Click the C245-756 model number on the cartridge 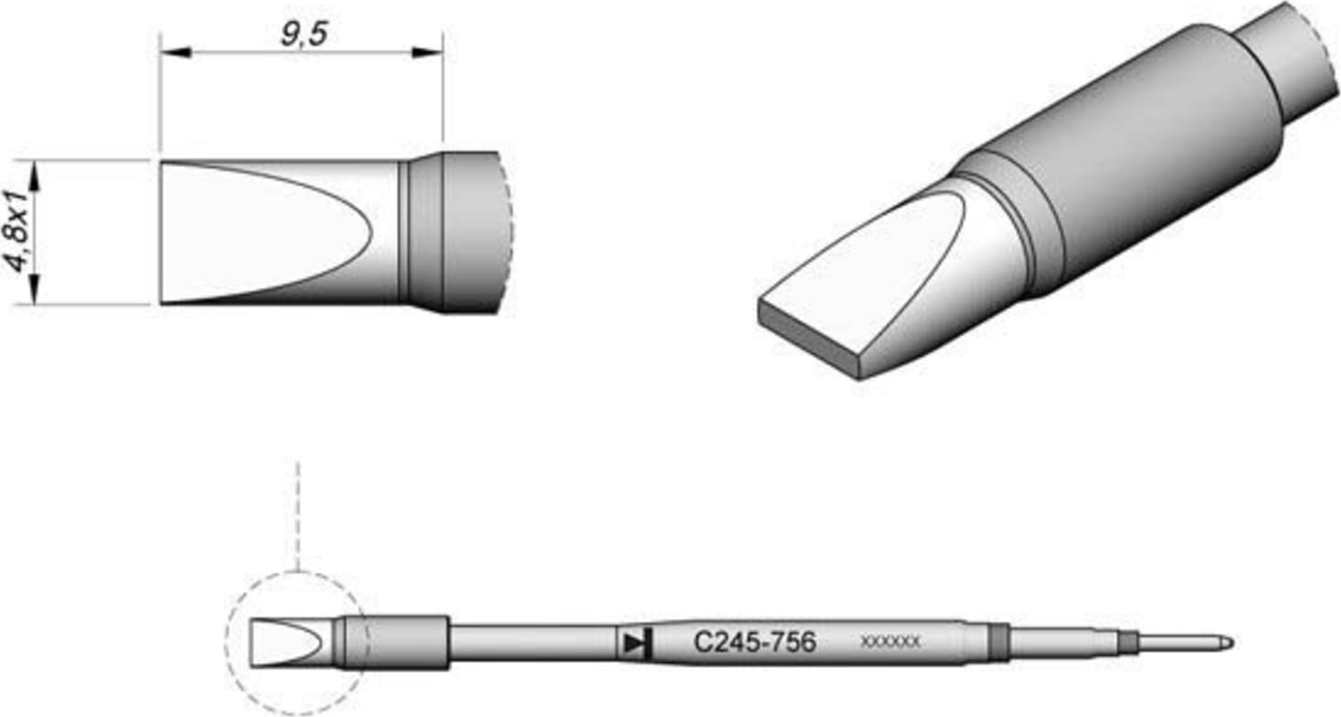tap(755, 643)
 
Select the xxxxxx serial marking tap(890, 643)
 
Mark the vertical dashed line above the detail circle tap(298, 516)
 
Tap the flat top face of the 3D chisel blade tap(868, 274)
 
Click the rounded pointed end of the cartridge tap(1226, 643)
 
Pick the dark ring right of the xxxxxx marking tap(999, 643)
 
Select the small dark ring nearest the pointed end tap(1129, 643)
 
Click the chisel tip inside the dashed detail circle tap(283, 643)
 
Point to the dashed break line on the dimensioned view tap(508, 232)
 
